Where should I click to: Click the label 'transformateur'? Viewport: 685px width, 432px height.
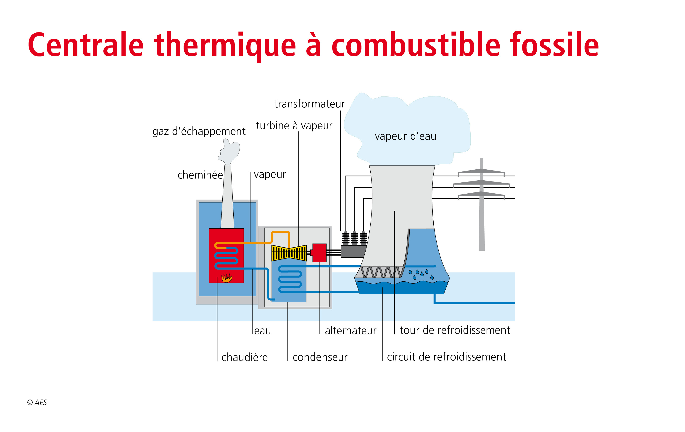pyautogui.click(x=309, y=104)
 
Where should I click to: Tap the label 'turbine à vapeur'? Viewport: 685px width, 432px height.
pyautogui.click(x=294, y=125)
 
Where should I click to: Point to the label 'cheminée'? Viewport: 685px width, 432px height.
pyautogui.click(x=200, y=175)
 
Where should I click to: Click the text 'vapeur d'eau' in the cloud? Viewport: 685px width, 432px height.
pyautogui.click(x=405, y=136)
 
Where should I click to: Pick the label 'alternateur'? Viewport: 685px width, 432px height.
pyautogui.click(x=350, y=331)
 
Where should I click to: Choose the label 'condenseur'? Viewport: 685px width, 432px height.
pyautogui.click(x=320, y=357)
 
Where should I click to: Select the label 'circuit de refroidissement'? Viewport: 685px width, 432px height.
pyautogui.click(x=446, y=357)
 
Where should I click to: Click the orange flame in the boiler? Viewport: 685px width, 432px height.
pyautogui.click(x=227, y=278)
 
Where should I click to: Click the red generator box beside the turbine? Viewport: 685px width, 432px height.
pyautogui.click(x=319, y=253)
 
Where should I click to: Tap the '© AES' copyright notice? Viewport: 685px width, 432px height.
pyautogui.click(x=37, y=402)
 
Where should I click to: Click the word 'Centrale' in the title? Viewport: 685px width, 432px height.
pyautogui.click(x=86, y=45)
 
